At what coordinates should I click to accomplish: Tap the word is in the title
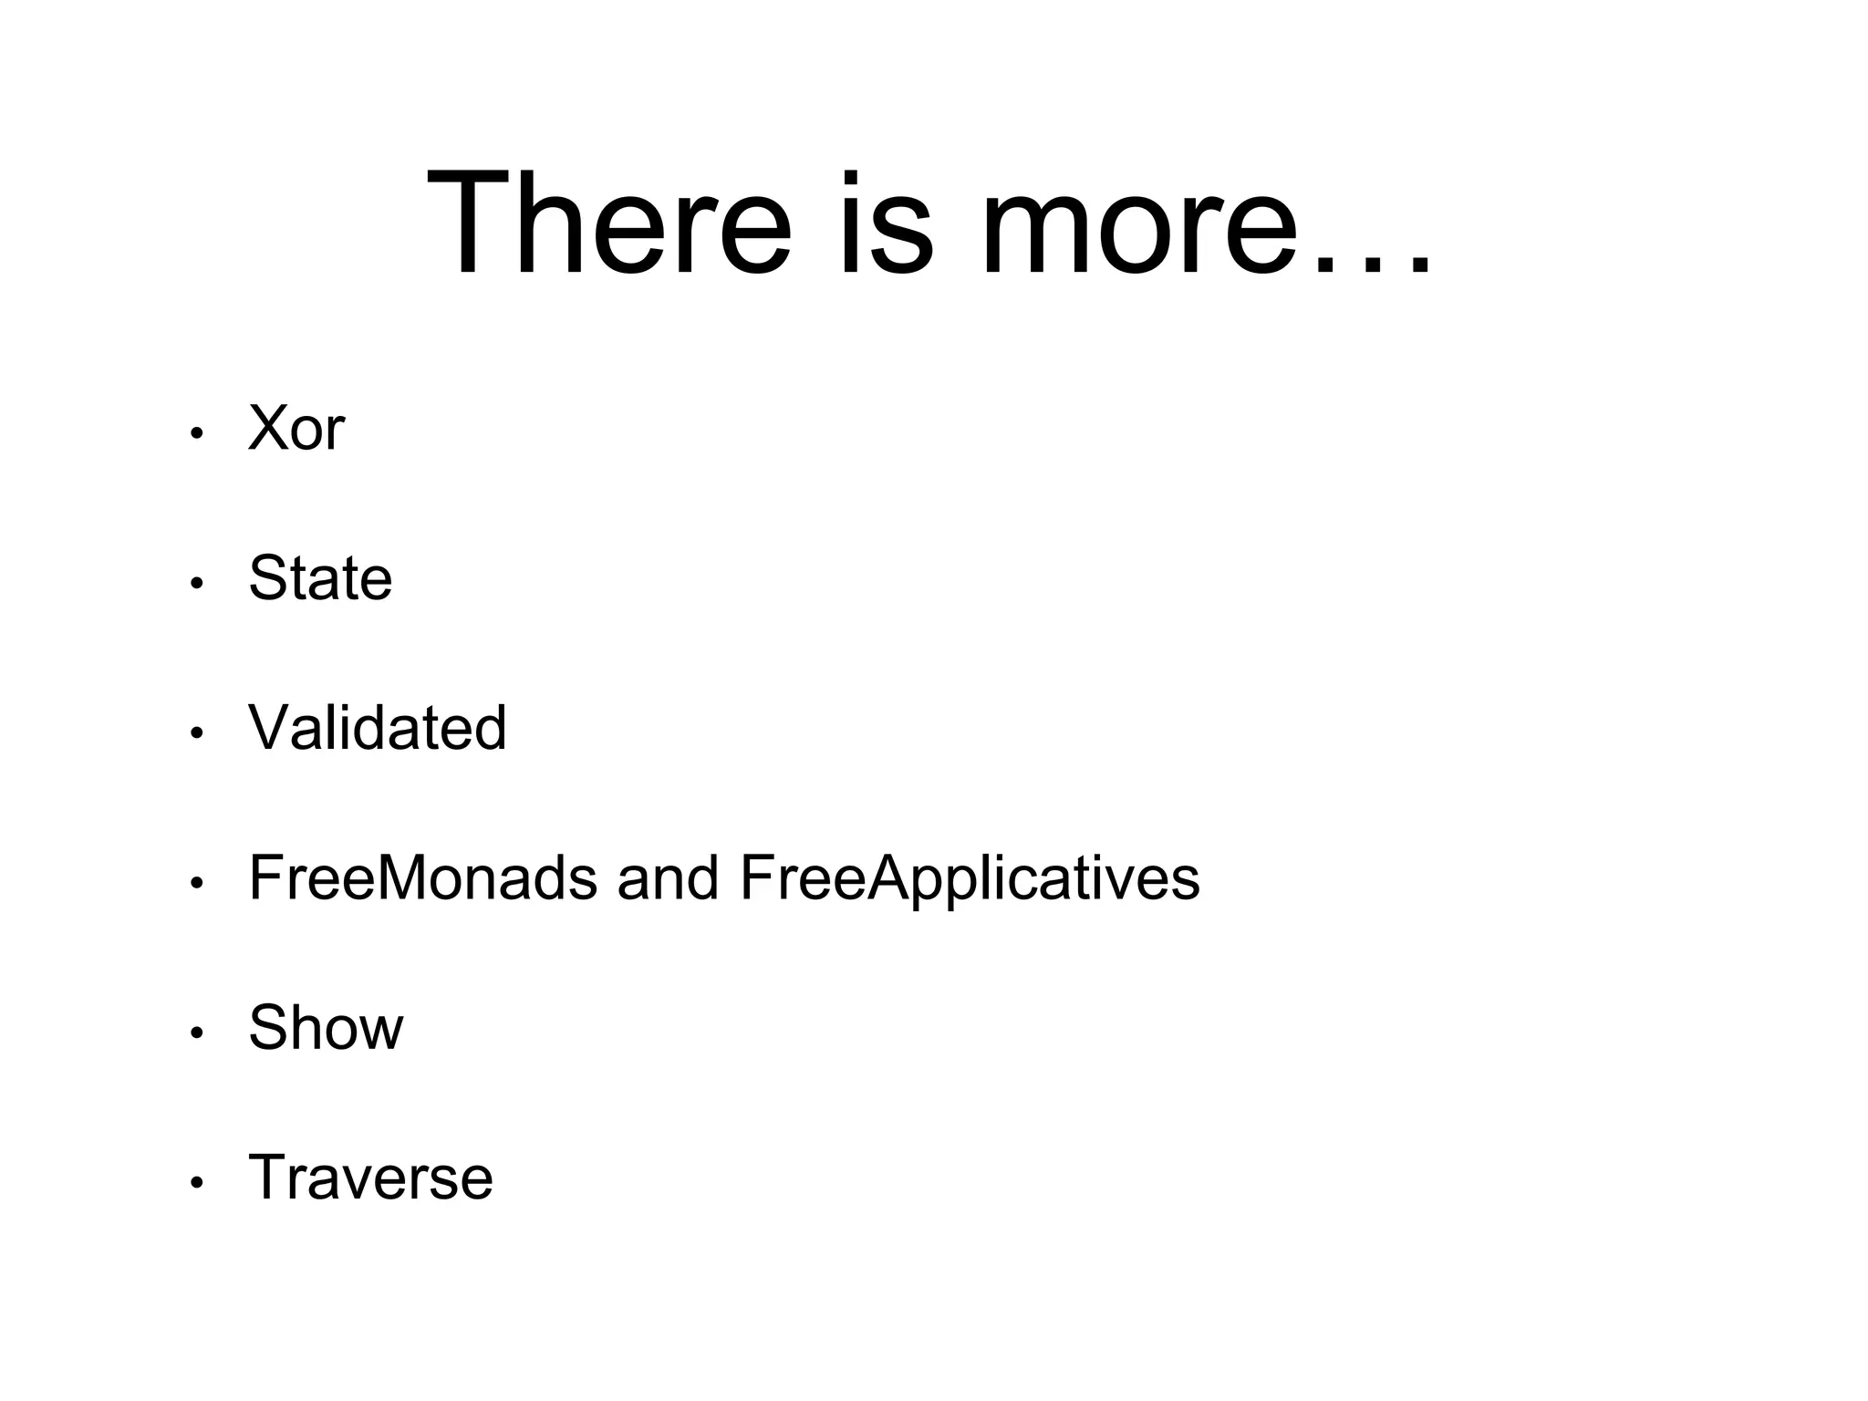[x=886, y=223]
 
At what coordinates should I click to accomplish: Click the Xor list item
[x=296, y=428]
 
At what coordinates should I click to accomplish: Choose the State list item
[x=320, y=577]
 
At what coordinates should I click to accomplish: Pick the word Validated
[x=377, y=728]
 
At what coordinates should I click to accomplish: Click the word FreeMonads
[x=423, y=877]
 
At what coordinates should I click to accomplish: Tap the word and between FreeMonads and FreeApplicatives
[x=668, y=877]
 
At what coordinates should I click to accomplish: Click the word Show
[x=326, y=1028]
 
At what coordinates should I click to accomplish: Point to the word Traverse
[x=370, y=1178]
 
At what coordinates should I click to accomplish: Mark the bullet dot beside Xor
[x=196, y=434]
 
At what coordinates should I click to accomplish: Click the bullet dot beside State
[x=196, y=584]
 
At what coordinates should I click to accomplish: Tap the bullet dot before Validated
[x=196, y=733]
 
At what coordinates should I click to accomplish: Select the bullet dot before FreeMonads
[x=196, y=883]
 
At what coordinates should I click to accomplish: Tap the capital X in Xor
[x=269, y=428]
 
